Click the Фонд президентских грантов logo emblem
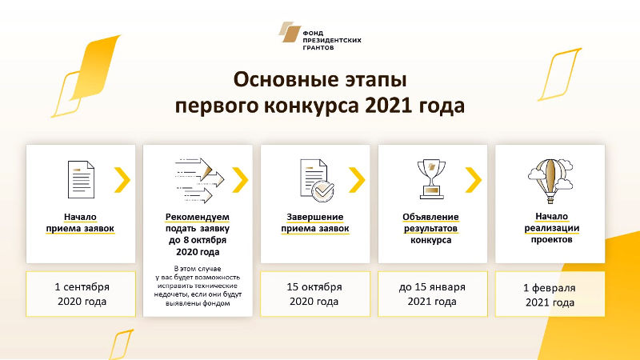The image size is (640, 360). (290, 32)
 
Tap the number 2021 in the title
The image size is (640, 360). (388, 106)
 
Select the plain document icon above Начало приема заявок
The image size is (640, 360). (81, 179)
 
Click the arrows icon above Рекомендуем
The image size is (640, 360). (199, 181)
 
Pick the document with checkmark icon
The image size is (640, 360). (317, 181)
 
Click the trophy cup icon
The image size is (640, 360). (431, 179)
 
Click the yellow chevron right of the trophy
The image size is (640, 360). (474, 179)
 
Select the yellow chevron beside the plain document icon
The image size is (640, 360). (122, 179)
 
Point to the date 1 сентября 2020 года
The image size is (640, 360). (82, 294)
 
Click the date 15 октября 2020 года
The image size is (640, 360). (314, 294)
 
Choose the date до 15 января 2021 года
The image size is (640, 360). (432, 294)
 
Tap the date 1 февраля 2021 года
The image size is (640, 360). (550, 295)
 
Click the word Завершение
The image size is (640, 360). (314, 217)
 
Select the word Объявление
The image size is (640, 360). (430, 217)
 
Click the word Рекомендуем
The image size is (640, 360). (197, 217)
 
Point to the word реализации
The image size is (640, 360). (552, 228)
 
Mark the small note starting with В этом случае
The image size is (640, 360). (198, 286)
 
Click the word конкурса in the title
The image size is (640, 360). (311, 106)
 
